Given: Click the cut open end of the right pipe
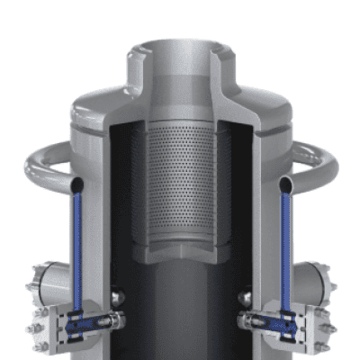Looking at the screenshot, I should (x=286, y=184).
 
